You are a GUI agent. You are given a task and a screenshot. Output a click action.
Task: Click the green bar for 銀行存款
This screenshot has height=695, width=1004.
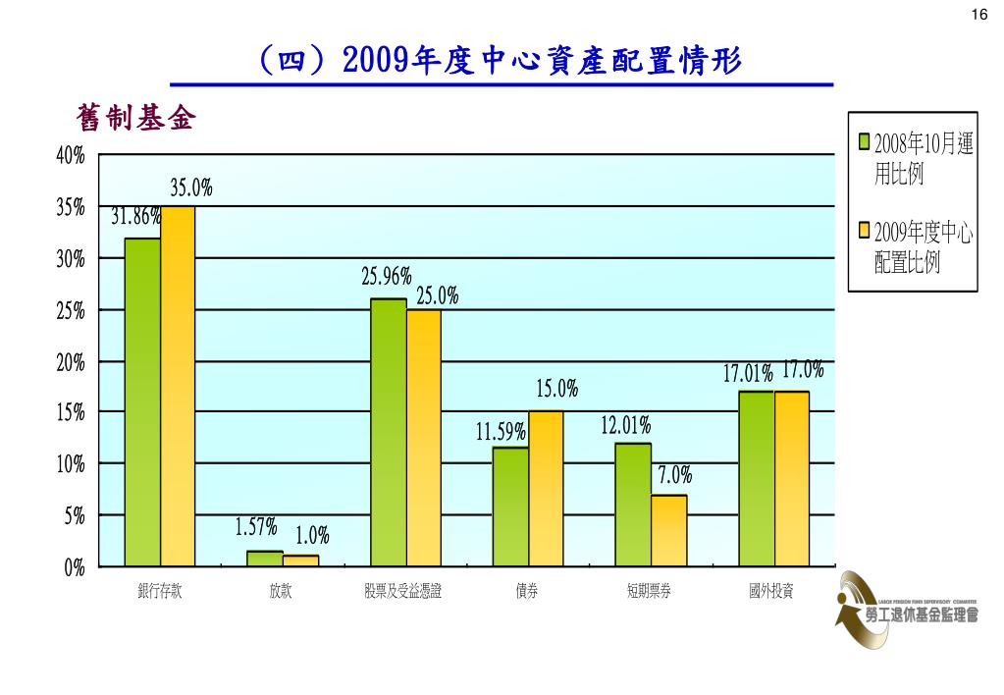(x=142, y=402)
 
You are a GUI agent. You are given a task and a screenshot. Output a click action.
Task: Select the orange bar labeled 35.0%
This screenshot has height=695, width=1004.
(x=178, y=387)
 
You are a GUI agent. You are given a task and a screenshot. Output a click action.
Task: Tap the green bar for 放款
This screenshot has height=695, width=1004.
(x=265, y=559)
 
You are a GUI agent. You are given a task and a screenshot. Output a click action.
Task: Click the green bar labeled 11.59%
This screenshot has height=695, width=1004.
(x=510, y=507)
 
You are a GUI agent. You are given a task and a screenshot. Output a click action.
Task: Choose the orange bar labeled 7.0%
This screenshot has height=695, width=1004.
(x=668, y=530)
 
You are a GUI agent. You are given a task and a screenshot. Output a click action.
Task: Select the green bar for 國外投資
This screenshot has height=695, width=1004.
(x=756, y=478)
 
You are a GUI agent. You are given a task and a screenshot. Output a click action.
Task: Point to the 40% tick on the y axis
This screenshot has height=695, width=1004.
(x=71, y=156)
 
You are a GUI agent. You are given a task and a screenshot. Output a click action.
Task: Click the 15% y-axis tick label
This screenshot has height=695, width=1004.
(x=71, y=413)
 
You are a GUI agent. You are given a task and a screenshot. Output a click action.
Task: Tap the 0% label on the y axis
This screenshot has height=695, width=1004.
(x=75, y=567)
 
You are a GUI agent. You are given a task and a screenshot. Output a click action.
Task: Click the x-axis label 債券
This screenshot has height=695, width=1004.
(x=527, y=591)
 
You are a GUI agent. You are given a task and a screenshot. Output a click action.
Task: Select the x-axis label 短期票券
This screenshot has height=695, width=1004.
(x=650, y=591)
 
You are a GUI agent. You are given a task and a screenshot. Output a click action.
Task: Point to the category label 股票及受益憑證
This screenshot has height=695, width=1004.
(x=402, y=591)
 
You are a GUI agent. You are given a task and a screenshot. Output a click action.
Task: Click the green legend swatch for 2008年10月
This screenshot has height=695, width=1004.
(x=865, y=143)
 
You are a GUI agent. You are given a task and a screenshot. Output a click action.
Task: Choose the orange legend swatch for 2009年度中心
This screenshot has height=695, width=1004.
(x=865, y=232)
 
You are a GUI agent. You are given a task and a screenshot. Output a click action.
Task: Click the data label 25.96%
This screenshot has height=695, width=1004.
(x=386, y=278)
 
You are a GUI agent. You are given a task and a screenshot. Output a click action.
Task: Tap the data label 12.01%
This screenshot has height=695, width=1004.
(x=625, y=426)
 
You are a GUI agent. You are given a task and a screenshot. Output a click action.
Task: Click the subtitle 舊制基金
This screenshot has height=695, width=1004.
(x=136, y=119)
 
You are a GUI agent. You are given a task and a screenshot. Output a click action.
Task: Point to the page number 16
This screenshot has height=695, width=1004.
(x=978, y=14)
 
